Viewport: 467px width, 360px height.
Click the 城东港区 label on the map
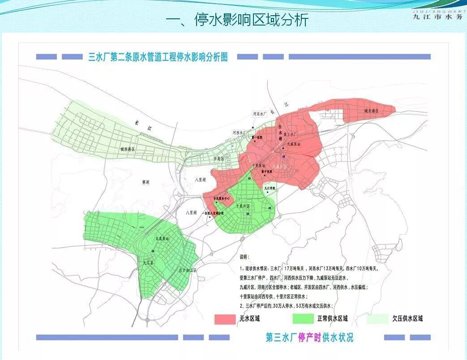tap(371, 110)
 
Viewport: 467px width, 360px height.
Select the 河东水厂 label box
tap(260, 114)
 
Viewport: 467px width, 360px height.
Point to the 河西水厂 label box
tap(240, 133)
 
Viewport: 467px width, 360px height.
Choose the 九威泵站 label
tap(294, 144)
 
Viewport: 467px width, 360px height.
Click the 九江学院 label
tap(270, 189)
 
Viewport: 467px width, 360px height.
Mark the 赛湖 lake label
tap(146, 182)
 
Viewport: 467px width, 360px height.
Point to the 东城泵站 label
tap(162, 239)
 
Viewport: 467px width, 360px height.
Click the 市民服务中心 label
tap(222, 198)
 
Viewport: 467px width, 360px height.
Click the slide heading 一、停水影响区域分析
tap(237, 20)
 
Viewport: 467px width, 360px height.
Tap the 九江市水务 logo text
tap(437, 17)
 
